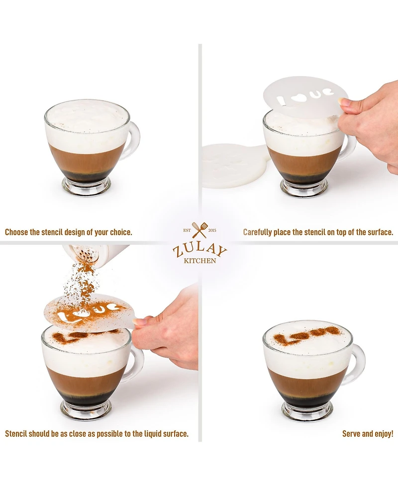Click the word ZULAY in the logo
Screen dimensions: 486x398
[199, 250]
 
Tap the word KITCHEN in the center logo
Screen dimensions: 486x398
[199, 261]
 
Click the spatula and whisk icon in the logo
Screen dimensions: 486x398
[199, 230]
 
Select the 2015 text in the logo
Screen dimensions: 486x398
[212, 230]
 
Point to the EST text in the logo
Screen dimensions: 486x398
[187, 230]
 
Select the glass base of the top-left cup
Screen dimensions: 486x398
[86, 188]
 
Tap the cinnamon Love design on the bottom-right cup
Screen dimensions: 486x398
[306, 334]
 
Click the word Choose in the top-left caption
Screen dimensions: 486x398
[17, 232]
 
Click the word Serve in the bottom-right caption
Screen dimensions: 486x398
[351, 434]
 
